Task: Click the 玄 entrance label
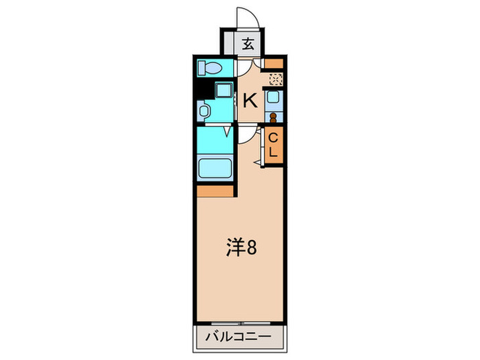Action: tap(248, 45)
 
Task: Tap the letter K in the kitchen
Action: tap(250, 101)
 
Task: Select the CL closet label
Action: tap(273, 145)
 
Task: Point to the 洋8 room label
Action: tap(242, 248)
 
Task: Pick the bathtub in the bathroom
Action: tap(215, 168)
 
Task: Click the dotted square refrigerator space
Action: tap(274, 80)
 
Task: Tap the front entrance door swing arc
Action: tap(246, 17)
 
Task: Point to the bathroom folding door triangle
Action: tap(226, 131)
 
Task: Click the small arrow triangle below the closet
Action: tap(257, 162)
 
